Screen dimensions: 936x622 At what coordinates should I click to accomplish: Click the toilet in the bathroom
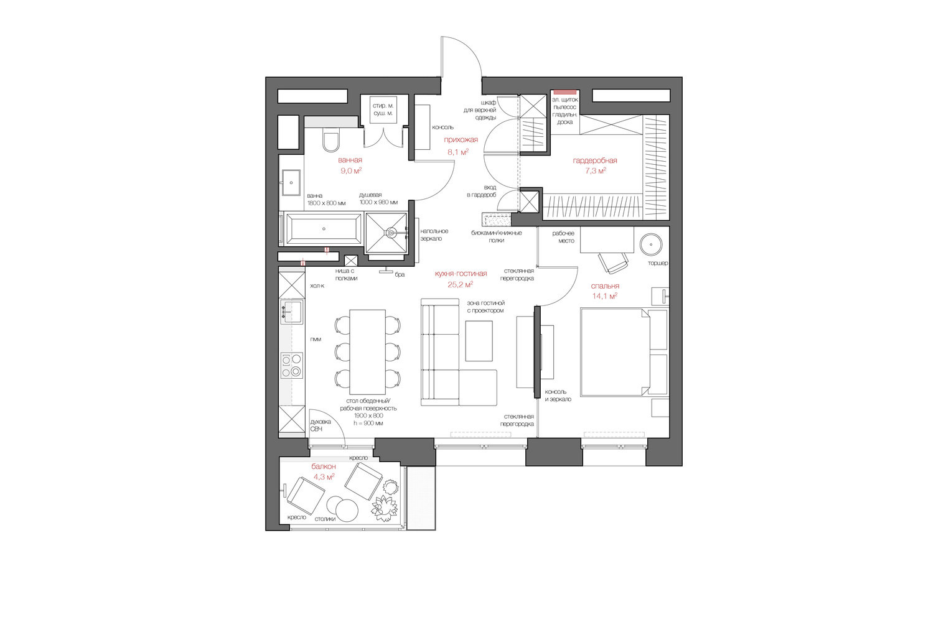331,140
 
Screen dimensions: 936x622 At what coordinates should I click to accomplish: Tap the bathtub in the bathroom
323,228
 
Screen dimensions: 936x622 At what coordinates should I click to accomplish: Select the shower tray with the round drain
386,233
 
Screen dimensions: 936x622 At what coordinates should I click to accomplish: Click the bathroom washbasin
291,182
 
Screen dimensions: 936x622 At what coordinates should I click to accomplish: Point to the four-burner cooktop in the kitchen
292,365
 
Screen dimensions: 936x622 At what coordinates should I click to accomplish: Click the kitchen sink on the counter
292,312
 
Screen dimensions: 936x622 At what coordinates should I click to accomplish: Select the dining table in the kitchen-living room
367,351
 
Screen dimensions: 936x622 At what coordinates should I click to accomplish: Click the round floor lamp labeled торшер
650,244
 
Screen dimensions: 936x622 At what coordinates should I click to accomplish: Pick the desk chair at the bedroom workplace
613,262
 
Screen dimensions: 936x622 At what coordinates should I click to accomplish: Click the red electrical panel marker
565,92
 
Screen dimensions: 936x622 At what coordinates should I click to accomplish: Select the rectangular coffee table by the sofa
479,340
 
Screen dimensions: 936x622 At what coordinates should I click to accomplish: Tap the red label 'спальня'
605,286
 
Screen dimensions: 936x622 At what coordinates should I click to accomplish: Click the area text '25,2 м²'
460,284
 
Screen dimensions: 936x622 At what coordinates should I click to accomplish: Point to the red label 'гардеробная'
594,160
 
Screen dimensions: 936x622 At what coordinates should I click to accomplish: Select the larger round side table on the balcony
347,510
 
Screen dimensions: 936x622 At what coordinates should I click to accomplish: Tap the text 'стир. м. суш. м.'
383,109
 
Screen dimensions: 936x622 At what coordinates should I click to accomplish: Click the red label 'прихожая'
461,139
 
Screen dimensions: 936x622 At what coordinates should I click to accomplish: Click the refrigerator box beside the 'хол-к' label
292,285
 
